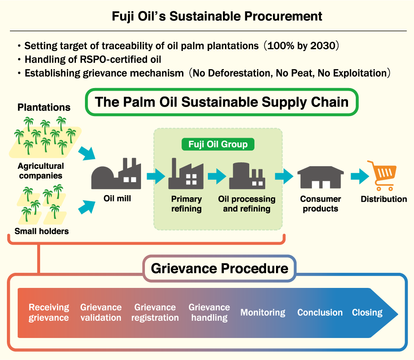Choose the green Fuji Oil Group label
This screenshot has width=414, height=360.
(x=218, y=144)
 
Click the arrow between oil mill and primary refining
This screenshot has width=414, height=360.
(x=156, y=176)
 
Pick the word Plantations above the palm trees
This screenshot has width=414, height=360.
(x=44, y=107)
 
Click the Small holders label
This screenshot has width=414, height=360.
(x=41, y=231)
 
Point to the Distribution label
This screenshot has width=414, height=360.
(x=384, y=199)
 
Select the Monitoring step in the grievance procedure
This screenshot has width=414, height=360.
(x=263, y=313)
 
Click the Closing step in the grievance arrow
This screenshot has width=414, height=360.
(x=367, y=313)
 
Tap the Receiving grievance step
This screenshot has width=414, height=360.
(x=49, y=313)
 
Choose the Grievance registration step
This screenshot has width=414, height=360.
(x=155, y=313)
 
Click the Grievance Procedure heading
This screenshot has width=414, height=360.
(x=219, y=268)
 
